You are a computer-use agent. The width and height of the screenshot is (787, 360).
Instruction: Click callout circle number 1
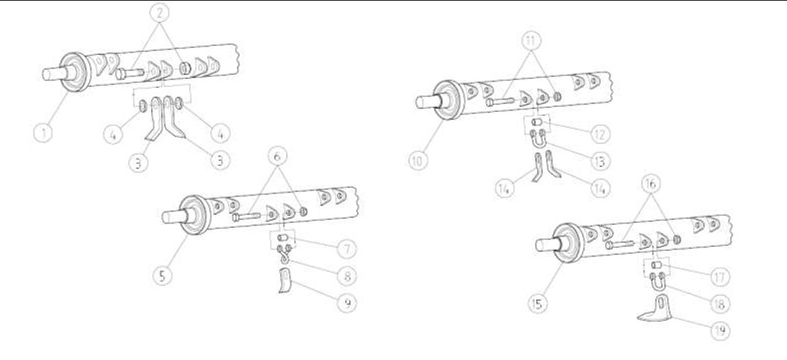tap(43, 133)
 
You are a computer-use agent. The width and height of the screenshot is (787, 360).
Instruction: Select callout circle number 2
tap(160, 12)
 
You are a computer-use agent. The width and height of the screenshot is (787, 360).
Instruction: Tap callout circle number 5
tap(162, 275)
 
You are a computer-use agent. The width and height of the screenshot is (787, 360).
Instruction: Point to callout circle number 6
tap(278, 156)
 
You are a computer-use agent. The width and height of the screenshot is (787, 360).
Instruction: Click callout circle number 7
tap(347, 248)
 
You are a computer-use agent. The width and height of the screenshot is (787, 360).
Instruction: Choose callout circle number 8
tap(347, 276)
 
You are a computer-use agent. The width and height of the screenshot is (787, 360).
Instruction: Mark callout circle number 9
tap(347, 303)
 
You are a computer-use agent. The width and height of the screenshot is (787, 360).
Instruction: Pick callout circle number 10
tap(418, 160)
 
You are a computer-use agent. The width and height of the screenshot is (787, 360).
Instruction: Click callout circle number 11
tap(531, 42)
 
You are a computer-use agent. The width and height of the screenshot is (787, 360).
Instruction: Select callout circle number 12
tap(601, 134)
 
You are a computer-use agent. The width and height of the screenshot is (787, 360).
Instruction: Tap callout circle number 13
tap(601, 161)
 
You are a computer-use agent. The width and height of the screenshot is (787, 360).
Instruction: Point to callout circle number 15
tap(538, 304)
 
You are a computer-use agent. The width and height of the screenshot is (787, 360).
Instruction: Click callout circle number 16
tap(651, 184)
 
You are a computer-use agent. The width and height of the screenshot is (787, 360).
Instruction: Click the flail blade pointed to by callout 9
tap(285, 281)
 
